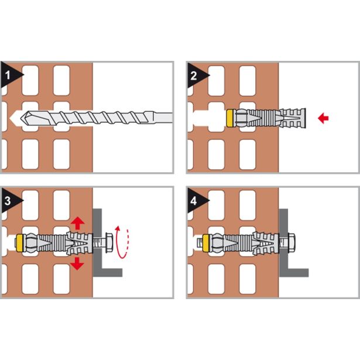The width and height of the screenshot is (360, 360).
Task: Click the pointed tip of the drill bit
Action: (21, 118)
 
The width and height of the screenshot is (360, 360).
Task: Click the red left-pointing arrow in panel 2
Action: (323, 118)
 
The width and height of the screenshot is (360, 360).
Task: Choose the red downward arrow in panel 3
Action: (77, 263)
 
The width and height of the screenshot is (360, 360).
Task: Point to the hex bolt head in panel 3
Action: (109, 243)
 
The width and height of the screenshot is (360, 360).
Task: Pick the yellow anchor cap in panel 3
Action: (20, 243)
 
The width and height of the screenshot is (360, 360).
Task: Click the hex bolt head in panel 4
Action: (291, 243)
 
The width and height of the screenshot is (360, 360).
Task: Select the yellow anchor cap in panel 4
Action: (207, 243)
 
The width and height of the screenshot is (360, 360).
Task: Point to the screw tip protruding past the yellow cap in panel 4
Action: (200, 243)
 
